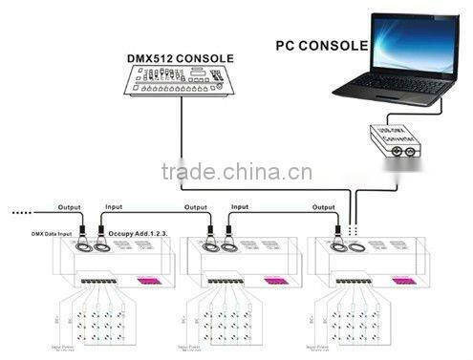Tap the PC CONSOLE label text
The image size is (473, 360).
320,45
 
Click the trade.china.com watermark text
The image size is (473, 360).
236,173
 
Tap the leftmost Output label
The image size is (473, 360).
69,206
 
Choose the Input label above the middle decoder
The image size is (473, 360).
240,206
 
